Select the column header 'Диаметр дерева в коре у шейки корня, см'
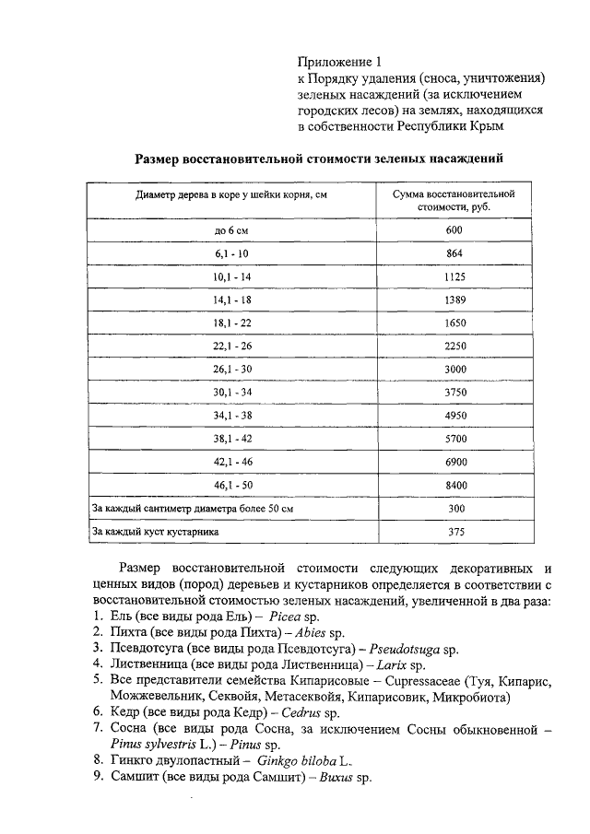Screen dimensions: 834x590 pos(231,196)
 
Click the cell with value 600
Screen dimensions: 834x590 pos(454,229)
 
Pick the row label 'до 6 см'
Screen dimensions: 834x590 pos(231,229)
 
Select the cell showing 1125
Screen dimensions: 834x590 pos(454,276)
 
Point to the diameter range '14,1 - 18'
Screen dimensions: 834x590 pos(231,300)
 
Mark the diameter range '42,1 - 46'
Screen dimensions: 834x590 pos(231,460)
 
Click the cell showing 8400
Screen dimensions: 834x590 pos(454,483)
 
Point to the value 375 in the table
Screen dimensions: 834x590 pos(454,532)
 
